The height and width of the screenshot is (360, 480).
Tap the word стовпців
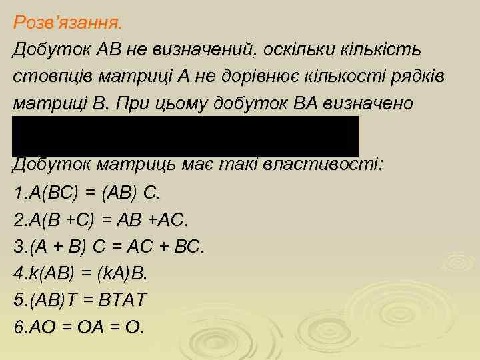coord(49,77)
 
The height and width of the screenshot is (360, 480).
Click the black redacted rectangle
coord(185,136)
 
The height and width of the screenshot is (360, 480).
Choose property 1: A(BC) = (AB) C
coord(87,193)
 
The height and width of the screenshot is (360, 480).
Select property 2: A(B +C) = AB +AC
coord(101,220)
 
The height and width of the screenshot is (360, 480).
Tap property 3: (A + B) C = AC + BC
coord(109,247)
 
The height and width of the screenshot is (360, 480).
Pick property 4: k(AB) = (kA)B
coord(80,274)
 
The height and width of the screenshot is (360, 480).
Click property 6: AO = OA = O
coord(78,328)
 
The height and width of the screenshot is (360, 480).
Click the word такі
coord(245,165)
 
